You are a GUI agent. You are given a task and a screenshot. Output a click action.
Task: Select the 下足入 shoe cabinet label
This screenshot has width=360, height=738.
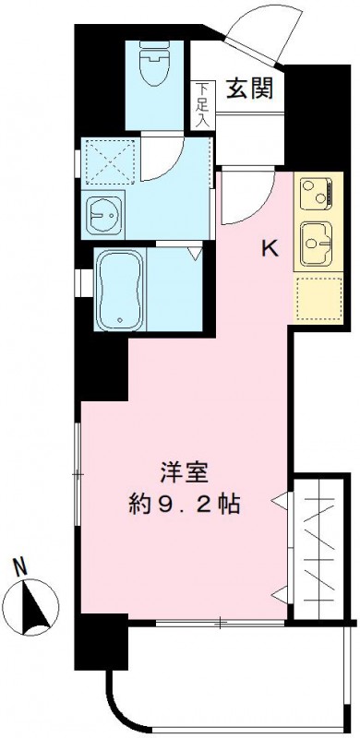pyautogui.click(x=203, y=104)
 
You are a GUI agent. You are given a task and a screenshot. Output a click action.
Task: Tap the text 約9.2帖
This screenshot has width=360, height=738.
pyautogui.click(x=185, y=505)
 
